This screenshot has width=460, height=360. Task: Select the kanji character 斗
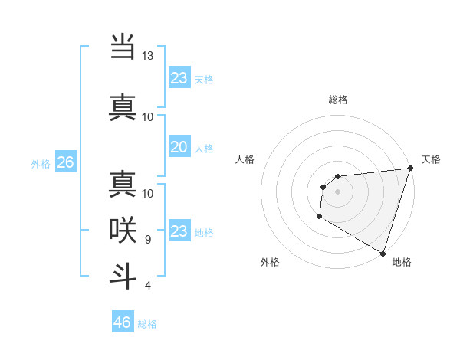click(x=123, y=274)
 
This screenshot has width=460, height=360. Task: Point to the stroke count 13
click(x=148, y=56)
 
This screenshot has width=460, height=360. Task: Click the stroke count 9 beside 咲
click(x=147, y=240)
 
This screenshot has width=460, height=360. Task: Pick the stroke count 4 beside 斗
click(x=147, y=286)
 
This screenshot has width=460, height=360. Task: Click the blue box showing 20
click(x=179, y=147)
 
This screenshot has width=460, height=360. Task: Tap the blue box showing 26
click(x=65, y=162)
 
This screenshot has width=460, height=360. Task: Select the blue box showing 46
click(x=123, y=322)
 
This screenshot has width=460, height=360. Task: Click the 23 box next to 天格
click(x=179, y=78)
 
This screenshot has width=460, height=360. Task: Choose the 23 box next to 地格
click(x=179, y=231)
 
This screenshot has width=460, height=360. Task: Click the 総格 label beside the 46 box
click(x=147, y=324)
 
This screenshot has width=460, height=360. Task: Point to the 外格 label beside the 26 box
click(x=41, y=163)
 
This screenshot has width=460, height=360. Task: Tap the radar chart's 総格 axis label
click(x=337, y=100)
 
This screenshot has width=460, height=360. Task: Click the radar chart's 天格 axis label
click(x=431, y=159)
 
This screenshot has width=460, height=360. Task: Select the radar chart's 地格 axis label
click(x=402, y=262)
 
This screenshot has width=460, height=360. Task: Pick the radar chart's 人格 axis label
click(x=245, y=159)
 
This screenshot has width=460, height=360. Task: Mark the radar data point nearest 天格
click(x=410, y=169)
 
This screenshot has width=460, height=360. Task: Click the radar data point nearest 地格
click(x=383, y=254)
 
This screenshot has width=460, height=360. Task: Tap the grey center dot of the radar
click(x=337, y=191)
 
